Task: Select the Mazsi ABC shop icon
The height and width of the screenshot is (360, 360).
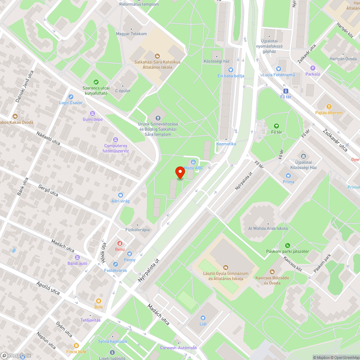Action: click(x=193, y=162)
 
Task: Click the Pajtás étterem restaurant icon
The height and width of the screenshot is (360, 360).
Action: click(x=329, y=107)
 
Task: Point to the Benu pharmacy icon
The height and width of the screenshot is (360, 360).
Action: click(x=120, y=243)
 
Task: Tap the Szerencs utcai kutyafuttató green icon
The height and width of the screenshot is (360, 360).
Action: click(x=96, y=82)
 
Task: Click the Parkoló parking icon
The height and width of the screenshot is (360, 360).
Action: click(x=312, y=68)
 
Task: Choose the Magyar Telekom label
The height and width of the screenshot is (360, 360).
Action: click(x=131, y=34)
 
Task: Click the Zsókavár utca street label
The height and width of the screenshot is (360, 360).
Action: click(x=335, y=140)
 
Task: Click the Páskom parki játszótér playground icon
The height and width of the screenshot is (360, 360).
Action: click(x=287, y=246)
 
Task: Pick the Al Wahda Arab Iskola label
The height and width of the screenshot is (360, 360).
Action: click(x=268, y=228)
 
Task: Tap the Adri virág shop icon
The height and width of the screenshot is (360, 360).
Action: click(x=120, y=195)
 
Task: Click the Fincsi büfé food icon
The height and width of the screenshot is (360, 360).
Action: click(x=76, y=345)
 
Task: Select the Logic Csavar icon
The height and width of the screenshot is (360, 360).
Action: click(x=71, y=97)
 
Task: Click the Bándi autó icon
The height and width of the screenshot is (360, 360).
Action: click(x=77, y=257)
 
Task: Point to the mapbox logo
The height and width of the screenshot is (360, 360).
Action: click(x=16, y=355)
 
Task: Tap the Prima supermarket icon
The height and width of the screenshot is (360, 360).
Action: click(x=288, y=176)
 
